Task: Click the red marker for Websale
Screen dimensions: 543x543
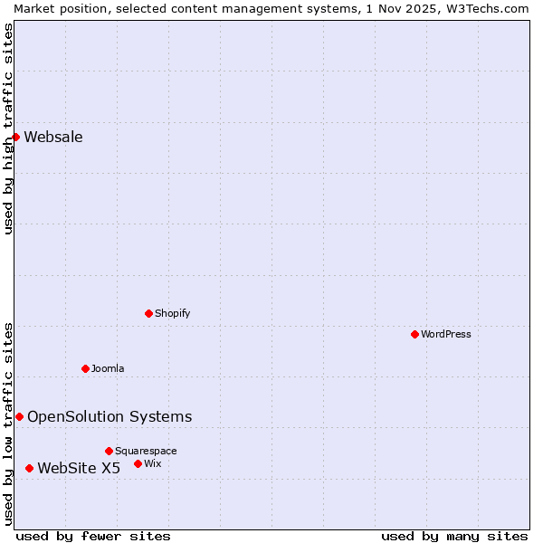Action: click(15, 137)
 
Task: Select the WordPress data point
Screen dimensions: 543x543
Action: click(414, 334)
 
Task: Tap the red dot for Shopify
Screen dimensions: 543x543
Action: click(148, 313)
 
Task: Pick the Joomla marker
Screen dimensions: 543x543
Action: click(85, 368)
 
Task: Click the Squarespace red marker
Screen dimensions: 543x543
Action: click(109, 451)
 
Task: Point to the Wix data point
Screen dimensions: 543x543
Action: click(138, 463)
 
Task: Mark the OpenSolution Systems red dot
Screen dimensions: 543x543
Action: click(19, 416)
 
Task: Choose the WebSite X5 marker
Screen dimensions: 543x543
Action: click(29, 468)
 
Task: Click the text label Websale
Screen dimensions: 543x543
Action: click(53, 138)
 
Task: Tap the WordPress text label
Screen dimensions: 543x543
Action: click(446, 335)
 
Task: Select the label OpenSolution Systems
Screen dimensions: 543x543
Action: click(110, 417)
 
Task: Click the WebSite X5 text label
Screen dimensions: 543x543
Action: click(79, 469)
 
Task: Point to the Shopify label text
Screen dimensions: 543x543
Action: click(172, 314)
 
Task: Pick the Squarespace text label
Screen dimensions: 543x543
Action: click(146, 452)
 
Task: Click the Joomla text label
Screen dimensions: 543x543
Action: click(108, 369)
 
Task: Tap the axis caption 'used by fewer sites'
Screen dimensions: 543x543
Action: click(93, 536)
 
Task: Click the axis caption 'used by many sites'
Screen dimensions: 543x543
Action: click(454, 536)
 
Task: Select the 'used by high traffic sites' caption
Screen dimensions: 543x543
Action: click(8, 129)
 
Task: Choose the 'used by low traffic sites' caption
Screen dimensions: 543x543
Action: click(8, 423)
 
